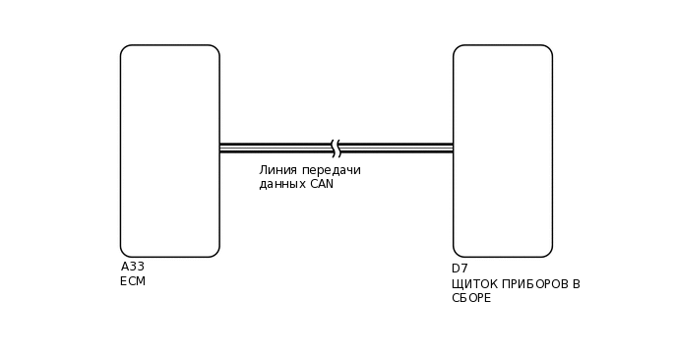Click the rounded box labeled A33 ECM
click(x=169, y=150)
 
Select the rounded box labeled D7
click(x=502, y=150)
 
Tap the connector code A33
click(x=133, y=267)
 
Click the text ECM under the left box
click(x=133, y=281)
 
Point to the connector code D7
click(x=460, y=269)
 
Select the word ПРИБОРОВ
click(x=534, y=284)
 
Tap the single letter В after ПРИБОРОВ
click(x=576, y=284)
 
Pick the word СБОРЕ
click(x=471, y=298)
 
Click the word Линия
click(x=278, y=170)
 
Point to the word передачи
click(x=332, y=170)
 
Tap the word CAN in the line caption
click(x=322, y=184)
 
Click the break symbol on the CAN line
click(x=336, y=149)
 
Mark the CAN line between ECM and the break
click(x=276, y=149)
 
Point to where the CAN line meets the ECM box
click(x=219, y=149)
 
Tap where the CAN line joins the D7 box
click(x=454, y=149)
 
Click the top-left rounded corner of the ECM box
click(x=125, y=49)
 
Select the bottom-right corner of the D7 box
click(x=548, y=253)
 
